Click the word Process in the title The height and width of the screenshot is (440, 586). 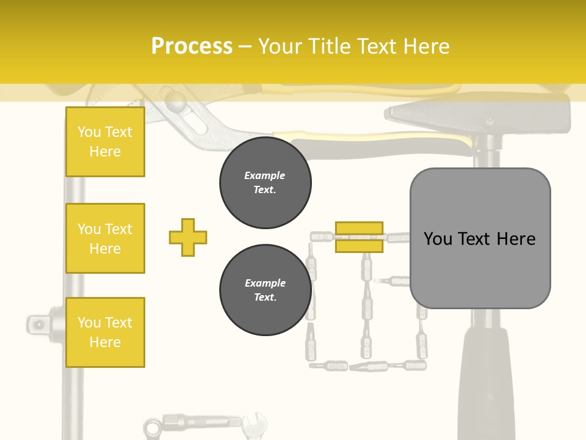(192, 46)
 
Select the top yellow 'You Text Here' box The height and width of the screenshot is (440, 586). (105, 142)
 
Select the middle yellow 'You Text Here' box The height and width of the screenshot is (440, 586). (105, 238)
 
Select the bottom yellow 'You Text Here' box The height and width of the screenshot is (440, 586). (105, 332)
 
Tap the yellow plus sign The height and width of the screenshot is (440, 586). (188, 237)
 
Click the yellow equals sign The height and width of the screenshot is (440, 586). (359, 237)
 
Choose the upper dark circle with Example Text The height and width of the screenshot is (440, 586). (265, 183)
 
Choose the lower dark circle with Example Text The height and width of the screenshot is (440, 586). (265, 290)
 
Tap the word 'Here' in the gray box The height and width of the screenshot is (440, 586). (516, 238)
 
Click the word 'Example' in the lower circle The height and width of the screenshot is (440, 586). (265, 283)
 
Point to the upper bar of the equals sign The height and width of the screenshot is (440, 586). (359, 229)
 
